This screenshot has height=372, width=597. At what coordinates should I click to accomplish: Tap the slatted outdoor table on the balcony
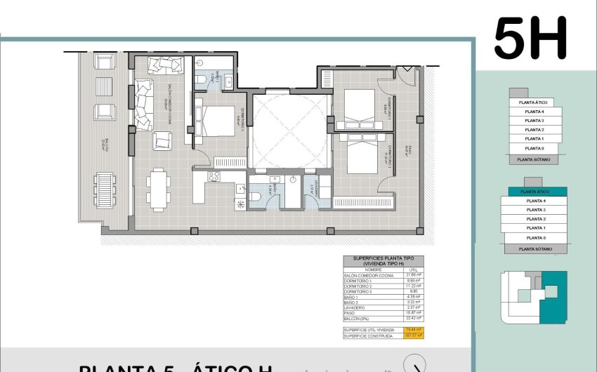tap(104, 190)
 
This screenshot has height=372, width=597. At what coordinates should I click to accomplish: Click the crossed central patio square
tap(290, 131)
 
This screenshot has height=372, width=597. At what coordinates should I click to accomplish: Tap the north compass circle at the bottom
tap(416, 365)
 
